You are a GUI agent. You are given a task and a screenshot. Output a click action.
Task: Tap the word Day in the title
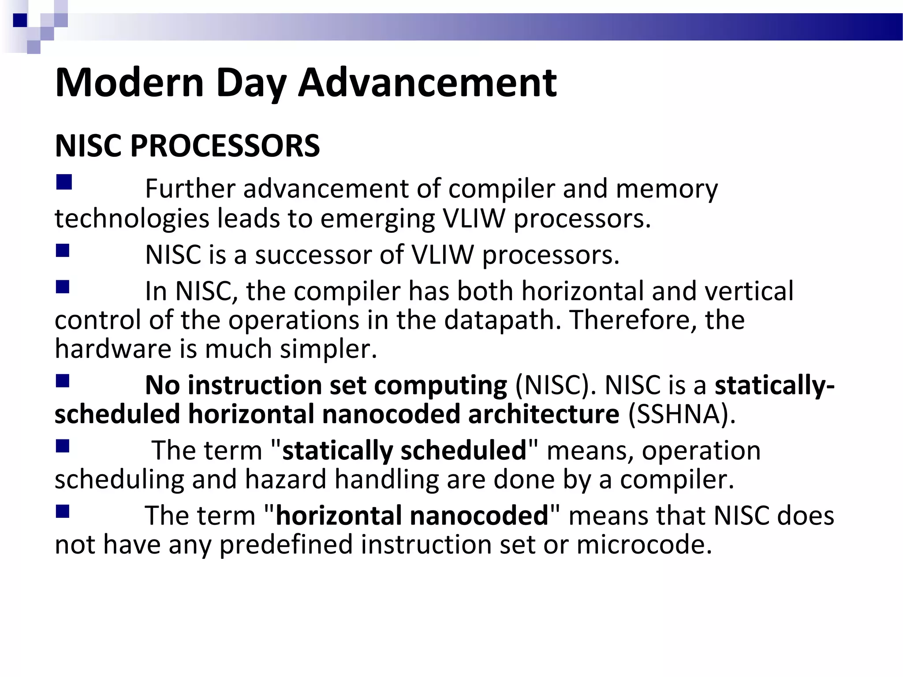point(251,84)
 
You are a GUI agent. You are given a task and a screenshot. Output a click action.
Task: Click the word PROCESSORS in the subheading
point(225,146)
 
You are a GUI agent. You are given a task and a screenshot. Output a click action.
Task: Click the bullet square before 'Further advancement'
point(64,182)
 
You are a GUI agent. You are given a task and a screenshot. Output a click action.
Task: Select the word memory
point(667,190)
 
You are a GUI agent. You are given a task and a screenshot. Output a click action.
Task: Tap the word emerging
point(377,219)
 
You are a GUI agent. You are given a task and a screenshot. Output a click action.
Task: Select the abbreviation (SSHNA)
point(682,414)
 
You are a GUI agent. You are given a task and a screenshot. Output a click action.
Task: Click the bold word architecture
point(544,414)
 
